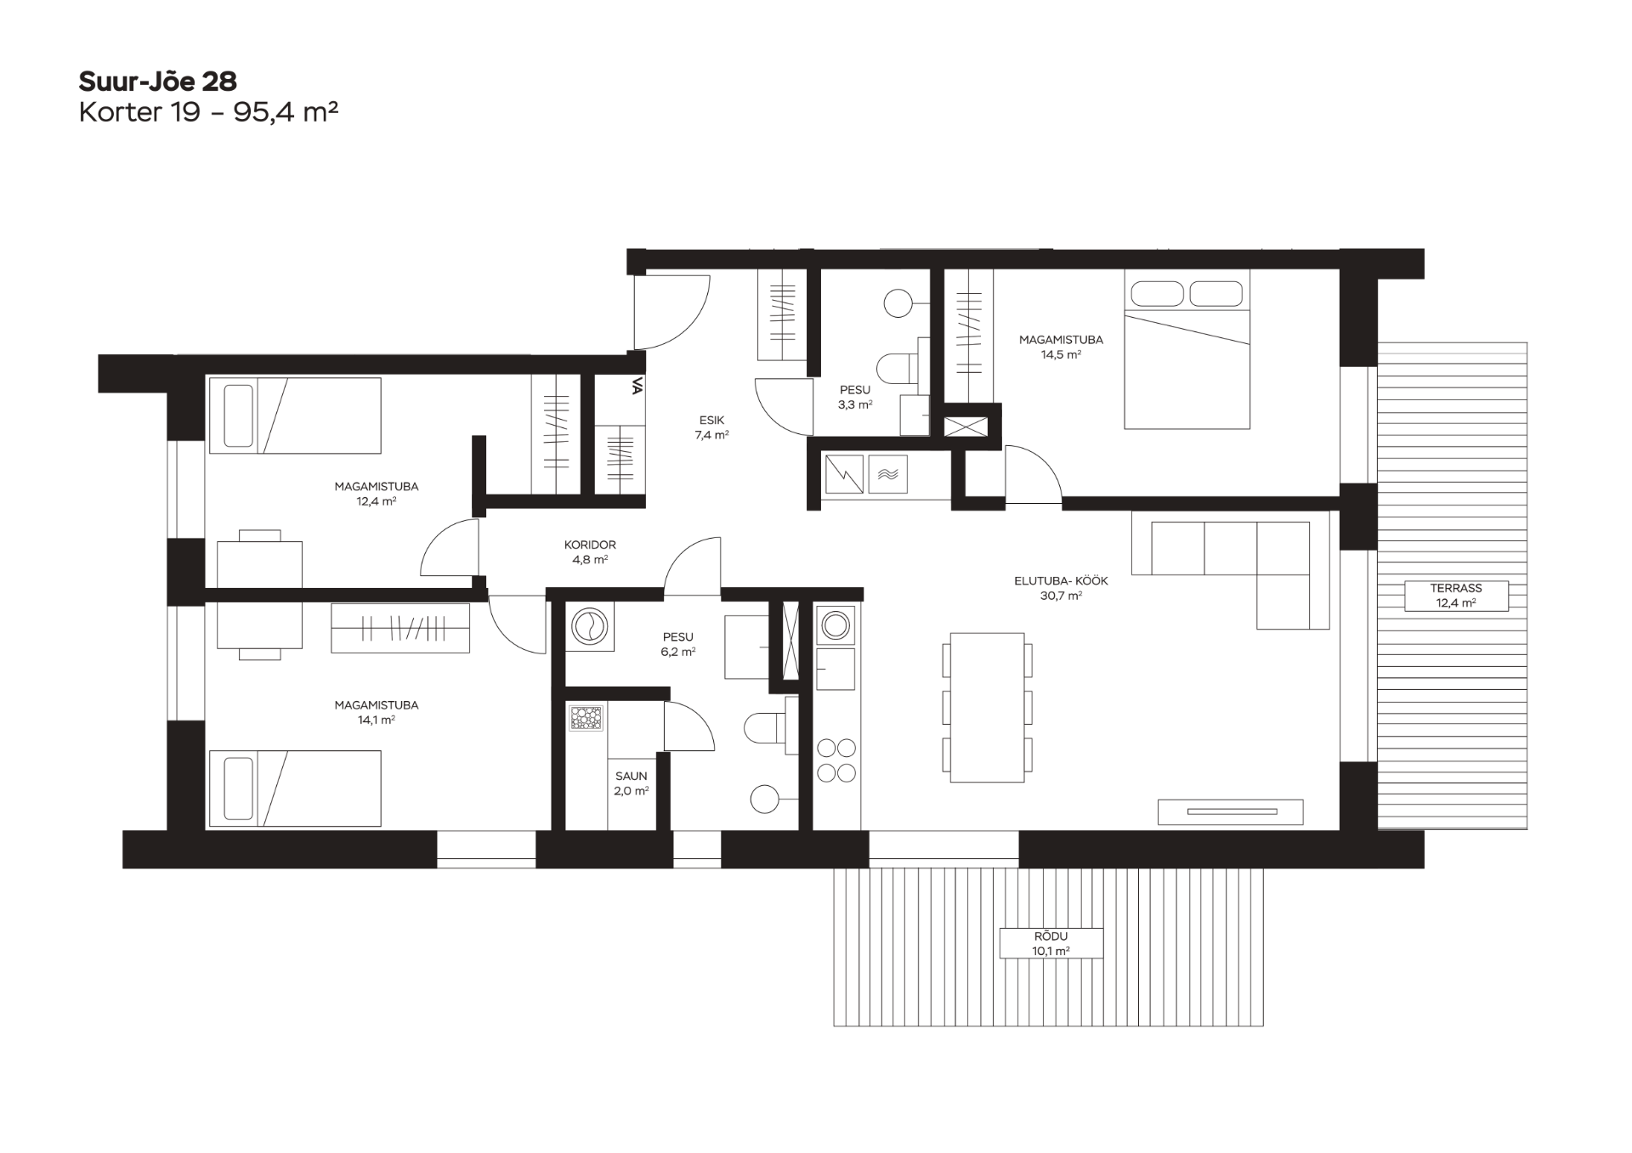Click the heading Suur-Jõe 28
click(x=157, y=82)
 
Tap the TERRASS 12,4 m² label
click(x=1456, y=596)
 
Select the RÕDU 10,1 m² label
click(x=1051, y=943)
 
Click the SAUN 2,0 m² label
click(x=632, y=783)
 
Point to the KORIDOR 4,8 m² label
click(x=590, y=552)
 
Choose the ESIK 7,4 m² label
click(x=711, y=427)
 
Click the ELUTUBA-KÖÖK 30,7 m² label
click(x=1061, y=588)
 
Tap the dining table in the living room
click(x=987, y=707)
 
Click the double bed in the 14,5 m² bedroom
click(x=1187, y=349)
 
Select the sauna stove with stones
click(x=586, y=717)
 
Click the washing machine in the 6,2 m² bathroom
click(x=589, y=628)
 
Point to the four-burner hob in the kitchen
click(x=836, y=760)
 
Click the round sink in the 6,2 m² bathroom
click(x=765, y=799)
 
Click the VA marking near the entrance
click(x=637, y=387)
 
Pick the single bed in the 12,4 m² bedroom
click(x=295, y=415)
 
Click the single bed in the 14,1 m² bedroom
click(x=295, y=788)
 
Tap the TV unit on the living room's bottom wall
click(x=1230, y=811)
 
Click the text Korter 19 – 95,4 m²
click(x=209, y=112)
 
